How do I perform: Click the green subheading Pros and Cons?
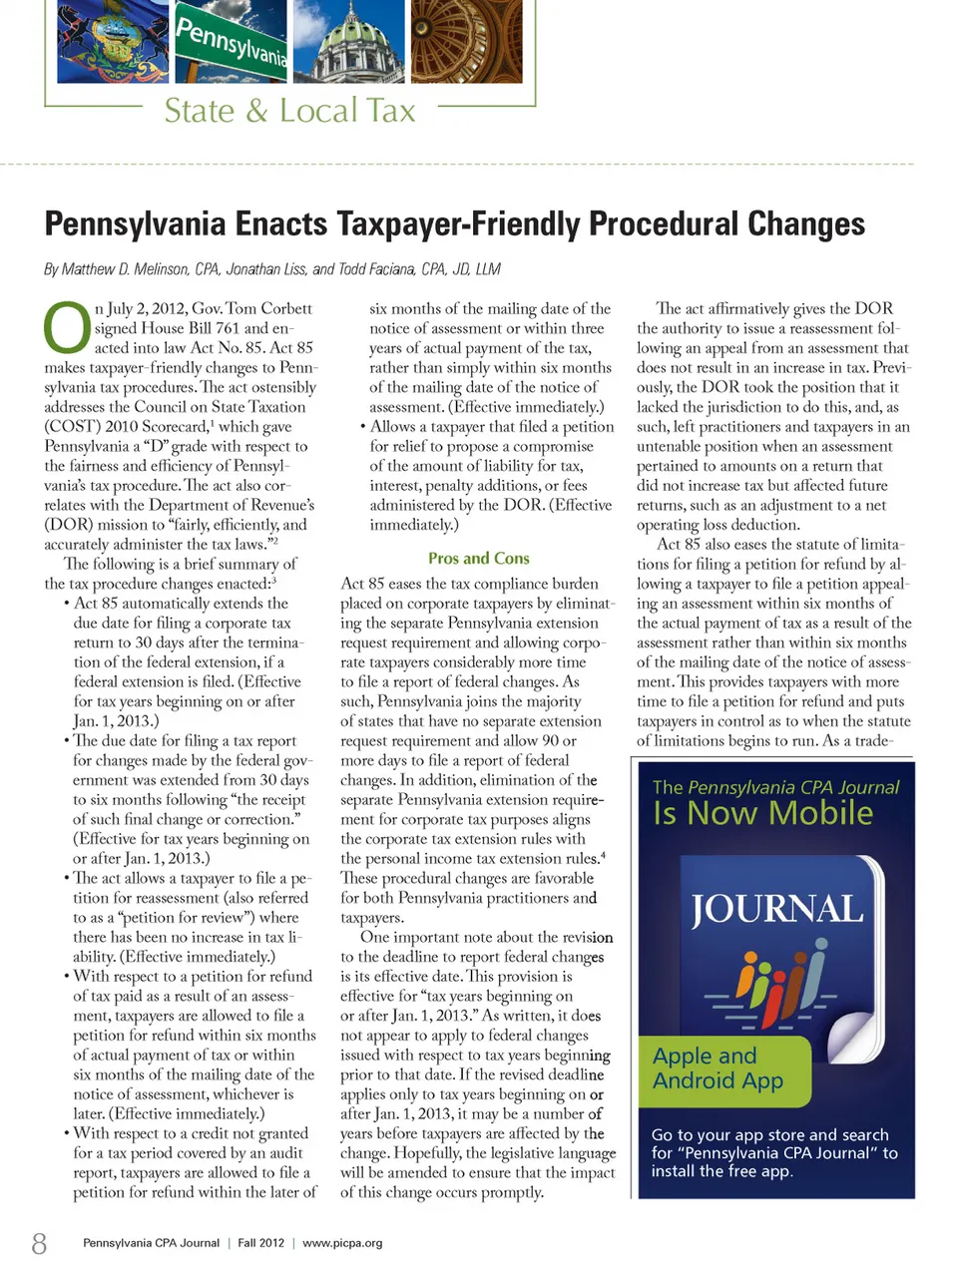click(478, 559)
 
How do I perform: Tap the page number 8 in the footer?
click(39, 1243)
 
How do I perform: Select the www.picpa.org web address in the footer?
click(342, 1243)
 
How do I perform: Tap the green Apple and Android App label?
click(718, 1068)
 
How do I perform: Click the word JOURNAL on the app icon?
click(777, 909)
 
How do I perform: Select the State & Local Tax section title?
click(289, 111)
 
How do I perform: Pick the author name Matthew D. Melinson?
click(126, 269)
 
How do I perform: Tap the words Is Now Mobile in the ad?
click(763, 814)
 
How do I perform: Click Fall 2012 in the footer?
click(260, 1243)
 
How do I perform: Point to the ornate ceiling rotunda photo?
click(473, 42)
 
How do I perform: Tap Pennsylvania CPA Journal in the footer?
click(151, 1243)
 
